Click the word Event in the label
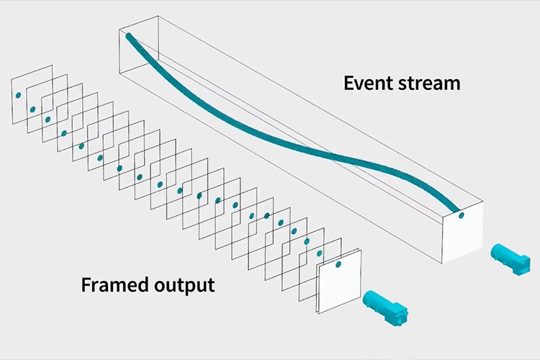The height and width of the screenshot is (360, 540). [366, 83]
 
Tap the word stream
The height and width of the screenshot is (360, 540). [428, 83]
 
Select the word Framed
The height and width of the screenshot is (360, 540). [112, 284]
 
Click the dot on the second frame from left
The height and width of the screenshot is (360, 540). [32, 109]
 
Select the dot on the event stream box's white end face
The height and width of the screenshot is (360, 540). [462, 215]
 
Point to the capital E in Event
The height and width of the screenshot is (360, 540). [348, 83]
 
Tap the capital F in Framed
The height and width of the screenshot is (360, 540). [86, 284]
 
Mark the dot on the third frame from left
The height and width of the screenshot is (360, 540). [48, 119]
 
